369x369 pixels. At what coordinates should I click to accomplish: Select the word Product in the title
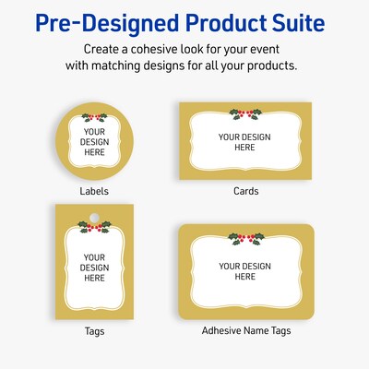pyautogui.click(x=214, y=20)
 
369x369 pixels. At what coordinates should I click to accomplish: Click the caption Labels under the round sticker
pyautogui.click(x=94, y=191)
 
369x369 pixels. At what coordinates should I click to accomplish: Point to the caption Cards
pyautogui.click(x=245, y=191)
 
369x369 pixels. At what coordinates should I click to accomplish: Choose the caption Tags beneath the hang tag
pyautogui.click(x=94, y=329)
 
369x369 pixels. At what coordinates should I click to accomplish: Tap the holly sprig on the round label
pyautogui.click(x=95, y=117)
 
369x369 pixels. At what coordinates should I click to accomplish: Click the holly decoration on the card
pyautogui.click(x=244, y=113)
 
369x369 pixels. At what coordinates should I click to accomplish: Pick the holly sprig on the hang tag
pyautogui.click(x=94, y=225)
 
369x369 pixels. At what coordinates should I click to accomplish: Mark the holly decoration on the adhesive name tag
pyautogui.click(x=244, y=237)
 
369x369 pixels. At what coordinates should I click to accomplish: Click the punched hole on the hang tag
pyautogui.click(x=94, y=213)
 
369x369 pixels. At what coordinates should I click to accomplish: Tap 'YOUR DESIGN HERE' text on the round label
pyautogui.click(x=94, y=143)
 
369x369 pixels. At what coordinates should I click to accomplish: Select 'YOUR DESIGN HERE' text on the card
pyautogui.click(x=244, y=141)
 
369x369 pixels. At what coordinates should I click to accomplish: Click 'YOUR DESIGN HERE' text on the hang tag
pyautogui.click(x=94, y=265)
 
